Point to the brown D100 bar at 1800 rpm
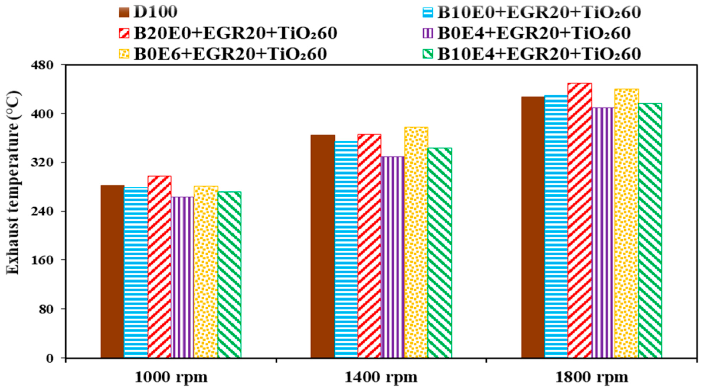(533, 227)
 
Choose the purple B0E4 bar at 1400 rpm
(393, 257)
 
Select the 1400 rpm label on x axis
(381, 377)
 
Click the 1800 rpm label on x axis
(592, 377)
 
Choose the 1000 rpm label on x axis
(171, 377)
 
